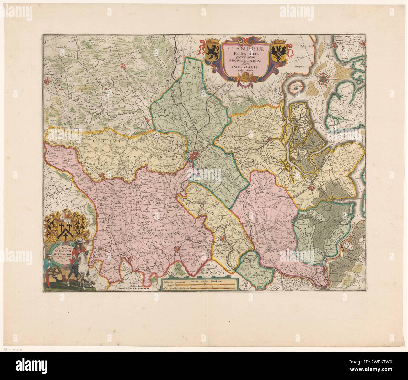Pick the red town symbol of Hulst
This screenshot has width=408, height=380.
click(312, 188)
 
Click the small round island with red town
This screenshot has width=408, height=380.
click(295, 88)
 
